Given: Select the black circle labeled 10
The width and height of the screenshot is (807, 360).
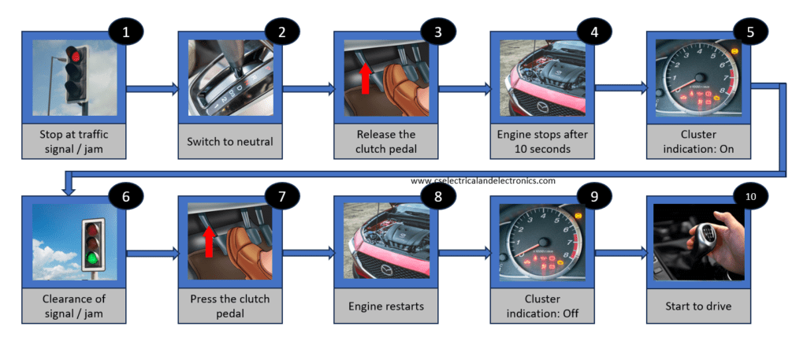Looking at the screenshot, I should click(748, 196).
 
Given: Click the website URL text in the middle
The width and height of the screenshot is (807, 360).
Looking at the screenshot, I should click(482, 180).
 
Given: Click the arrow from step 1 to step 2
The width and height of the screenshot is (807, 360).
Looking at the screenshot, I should click(152, 90).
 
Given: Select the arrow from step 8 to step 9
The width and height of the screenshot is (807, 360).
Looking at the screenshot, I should click(463, 254).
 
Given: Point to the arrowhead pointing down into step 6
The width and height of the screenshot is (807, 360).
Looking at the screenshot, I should click(69, 188).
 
